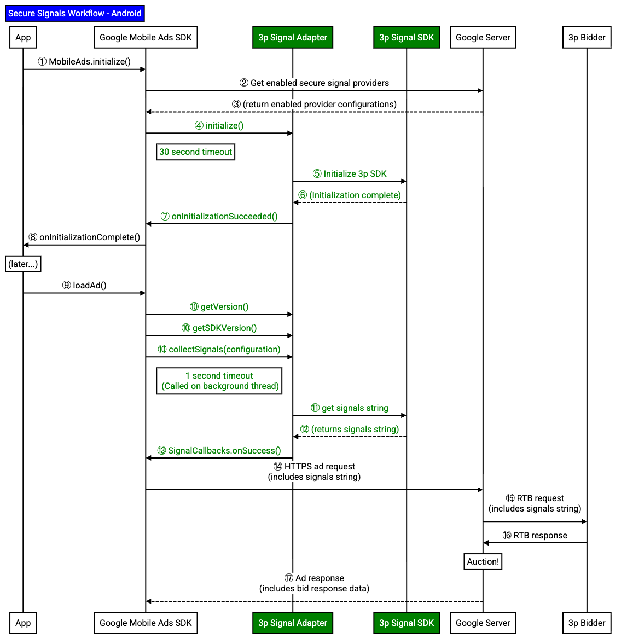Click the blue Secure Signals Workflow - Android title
coord(75,14)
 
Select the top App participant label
coord(23,37)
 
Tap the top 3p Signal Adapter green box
coord(293,37)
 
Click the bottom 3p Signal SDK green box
coord(407,623)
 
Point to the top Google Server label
coord(483,37)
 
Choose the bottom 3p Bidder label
coord(587,623)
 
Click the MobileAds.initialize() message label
coord(85,62)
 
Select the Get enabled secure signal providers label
coord(315,83)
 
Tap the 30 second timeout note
coord(196,152)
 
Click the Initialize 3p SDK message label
coord(350,174)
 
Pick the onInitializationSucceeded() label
coord(219,217)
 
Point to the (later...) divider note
coord(23,264)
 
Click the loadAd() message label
coord(84,286)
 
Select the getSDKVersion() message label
coord(219,328)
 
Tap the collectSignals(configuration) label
coord(219,350)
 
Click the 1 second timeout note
coord(219,381)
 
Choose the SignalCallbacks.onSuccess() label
coord(219,451)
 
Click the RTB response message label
coord(535,536)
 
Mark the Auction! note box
coord(483,562)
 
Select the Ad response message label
coord(315,583)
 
